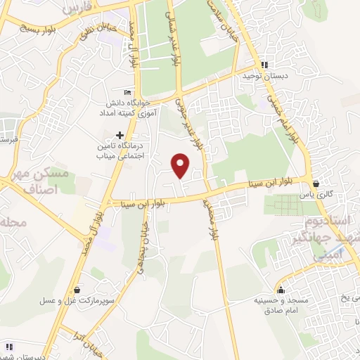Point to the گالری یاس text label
point(316,193)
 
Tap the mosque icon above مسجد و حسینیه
point(280,290)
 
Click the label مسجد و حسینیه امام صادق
point(280,304)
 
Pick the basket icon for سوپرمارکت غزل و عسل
point(76,290)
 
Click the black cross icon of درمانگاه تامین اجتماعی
point(120,134)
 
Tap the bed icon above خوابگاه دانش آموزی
point(127,93)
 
